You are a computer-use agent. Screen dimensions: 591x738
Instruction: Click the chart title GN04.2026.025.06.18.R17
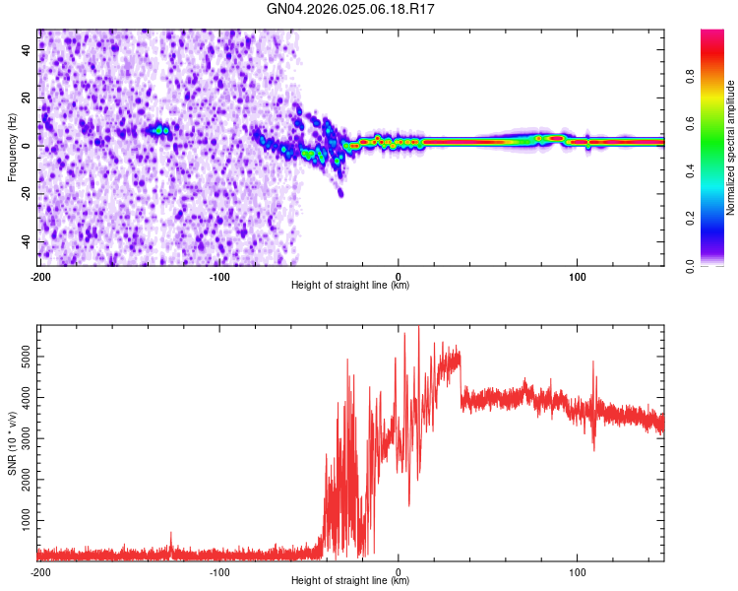(x=351, y=10)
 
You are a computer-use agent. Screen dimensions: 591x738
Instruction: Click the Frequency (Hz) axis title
(x=12, y=147)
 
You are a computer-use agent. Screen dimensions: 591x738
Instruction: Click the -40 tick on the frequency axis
(x=25, y=241)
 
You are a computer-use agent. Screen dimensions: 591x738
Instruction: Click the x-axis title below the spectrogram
(x=351, y=286)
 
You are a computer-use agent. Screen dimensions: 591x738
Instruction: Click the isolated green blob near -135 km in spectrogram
(x=157, y=129)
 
